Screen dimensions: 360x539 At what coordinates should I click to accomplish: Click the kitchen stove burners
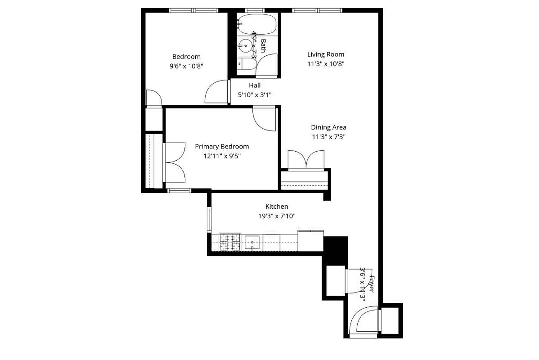click(x=230, y=242)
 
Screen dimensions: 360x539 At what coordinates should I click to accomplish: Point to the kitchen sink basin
click(x=253, y=242)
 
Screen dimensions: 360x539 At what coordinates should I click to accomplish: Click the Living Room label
click(x=326, y=54)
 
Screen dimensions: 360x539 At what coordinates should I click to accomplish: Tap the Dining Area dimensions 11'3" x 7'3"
click(x=328, y=137)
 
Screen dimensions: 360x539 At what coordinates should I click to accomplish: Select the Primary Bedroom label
click(x=222, y=147)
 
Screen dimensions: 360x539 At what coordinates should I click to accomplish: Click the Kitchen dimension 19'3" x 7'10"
click(x=277, y=216)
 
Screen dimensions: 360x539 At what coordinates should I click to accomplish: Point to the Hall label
click(x=255, y=85)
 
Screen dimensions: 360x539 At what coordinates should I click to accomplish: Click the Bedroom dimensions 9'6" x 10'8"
click(x=186, y=66)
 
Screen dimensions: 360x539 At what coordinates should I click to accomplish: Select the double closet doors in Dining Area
click(x=306, y=160)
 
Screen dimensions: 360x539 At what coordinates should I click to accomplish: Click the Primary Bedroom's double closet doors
click(x=175, y=161)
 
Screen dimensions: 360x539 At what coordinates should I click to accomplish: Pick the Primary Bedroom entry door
click(x=265, y=119)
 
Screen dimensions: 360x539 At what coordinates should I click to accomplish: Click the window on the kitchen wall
click(x=209, y=220)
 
